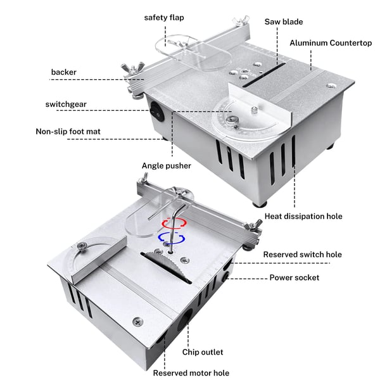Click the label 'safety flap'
164,18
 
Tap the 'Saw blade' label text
284,22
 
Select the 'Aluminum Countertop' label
331,43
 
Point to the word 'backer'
64,72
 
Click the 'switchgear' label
66,104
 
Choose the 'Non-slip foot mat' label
68,131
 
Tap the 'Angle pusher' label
166,166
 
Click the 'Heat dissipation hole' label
303,216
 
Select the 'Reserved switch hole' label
303,255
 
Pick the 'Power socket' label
294,277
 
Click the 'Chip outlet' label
203,352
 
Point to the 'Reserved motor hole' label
191,373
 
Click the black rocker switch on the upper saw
158,111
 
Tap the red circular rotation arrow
174,224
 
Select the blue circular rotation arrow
172,237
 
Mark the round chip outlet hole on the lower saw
185,320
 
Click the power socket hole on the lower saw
227,276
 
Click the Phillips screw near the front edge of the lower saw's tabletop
137,322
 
